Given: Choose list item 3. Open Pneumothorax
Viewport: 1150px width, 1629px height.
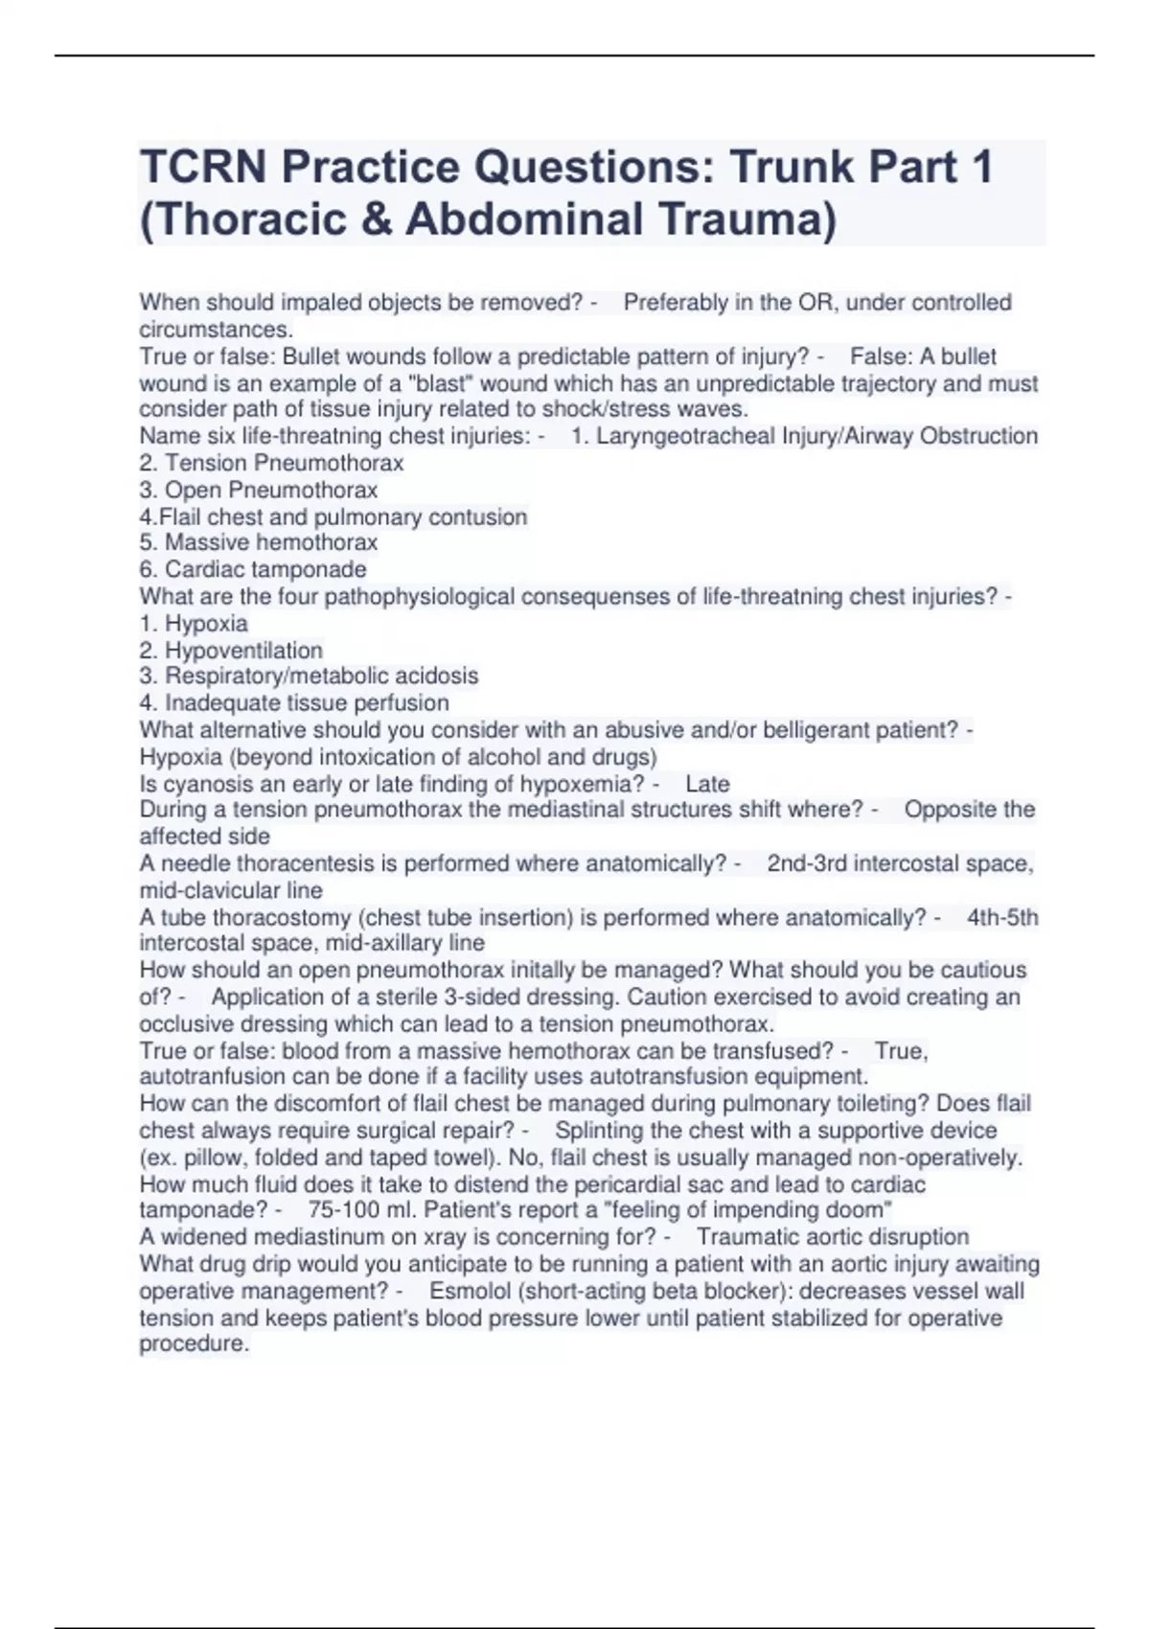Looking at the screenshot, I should tap(259, 490).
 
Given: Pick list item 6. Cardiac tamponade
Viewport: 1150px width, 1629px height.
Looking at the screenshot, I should tap(253, 569).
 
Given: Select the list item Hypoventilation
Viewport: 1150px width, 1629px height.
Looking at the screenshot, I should tap(243, 651).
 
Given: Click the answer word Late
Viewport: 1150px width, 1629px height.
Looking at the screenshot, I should tap(708, 784).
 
